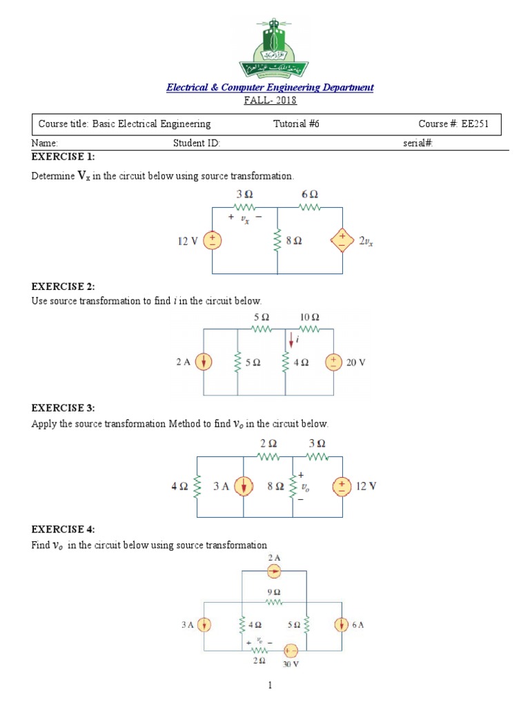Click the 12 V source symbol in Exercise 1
pos(213,240)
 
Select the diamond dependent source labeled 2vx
pos(342,240)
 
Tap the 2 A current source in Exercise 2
pos(204,362)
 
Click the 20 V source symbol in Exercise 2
pos(333,362)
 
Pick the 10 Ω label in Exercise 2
pos(308,317)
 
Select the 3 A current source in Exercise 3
pos(243,487)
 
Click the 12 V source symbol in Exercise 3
pos(342,487)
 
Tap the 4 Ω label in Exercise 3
pos(179,487)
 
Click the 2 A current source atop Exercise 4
pos(274,571)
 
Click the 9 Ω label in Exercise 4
pos(274,592)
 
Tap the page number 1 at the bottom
pos(271,686)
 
